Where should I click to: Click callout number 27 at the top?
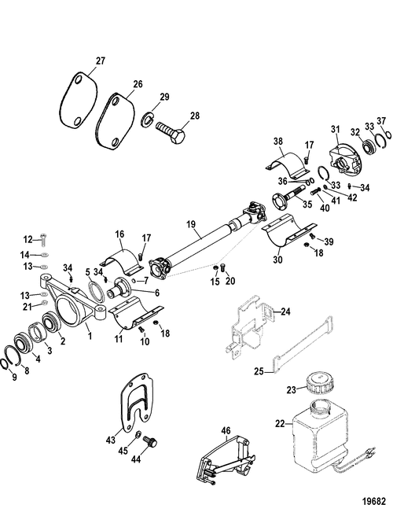(x=100, y=60)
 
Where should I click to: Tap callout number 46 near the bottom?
(x=226, y=431)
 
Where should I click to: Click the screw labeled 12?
(x=45, y=240)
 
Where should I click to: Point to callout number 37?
(x=382, y=120)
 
